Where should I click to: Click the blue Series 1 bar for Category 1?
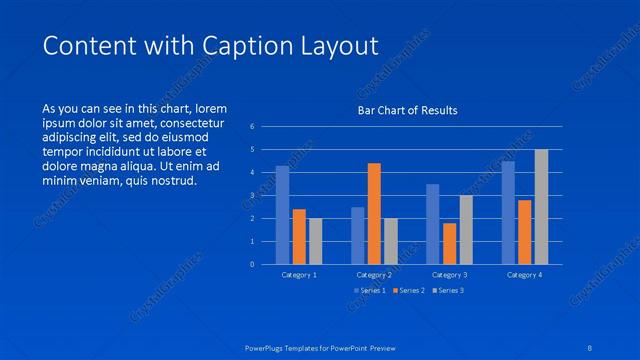tap(282, 215)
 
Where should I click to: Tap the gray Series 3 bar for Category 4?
tap(541, 207)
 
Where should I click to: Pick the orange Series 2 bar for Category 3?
tap(449, 243)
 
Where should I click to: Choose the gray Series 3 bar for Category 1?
tap(315, 241)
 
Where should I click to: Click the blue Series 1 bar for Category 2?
tap(357, 235)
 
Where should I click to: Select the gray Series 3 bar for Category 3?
tap(466, 229)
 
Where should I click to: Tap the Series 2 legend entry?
tap(409, 291)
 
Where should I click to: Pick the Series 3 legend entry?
tap(449, 291)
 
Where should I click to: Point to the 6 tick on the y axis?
tap(253, 127)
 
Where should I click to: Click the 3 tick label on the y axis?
tap(253, 196)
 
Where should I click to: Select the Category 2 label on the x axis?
tap(374, 274)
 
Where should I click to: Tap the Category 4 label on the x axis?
tap(524, 274)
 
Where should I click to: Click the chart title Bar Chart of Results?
tap(408, 110)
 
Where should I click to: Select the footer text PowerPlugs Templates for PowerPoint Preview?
tap(320, 348)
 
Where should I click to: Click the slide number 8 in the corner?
tap(591, 348)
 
